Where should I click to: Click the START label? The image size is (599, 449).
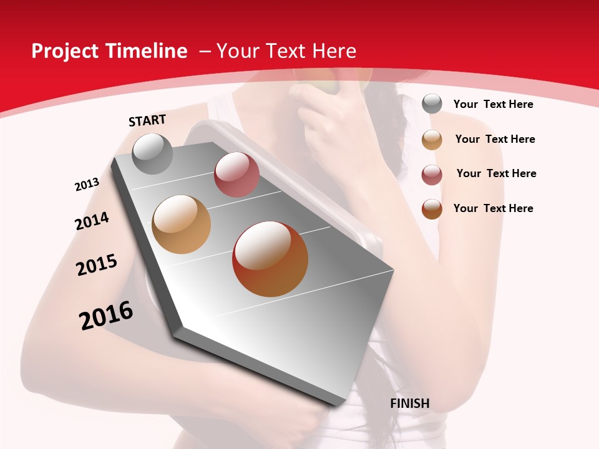(147, 120)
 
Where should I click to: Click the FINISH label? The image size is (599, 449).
(410, 403)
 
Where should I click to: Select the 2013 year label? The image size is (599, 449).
(87, 185)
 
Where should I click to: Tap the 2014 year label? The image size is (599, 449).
(92, 221)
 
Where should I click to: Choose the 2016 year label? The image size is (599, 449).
(106, 316)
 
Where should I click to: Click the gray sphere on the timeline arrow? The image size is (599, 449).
(152, 153)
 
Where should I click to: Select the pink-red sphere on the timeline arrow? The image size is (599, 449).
(236, 175)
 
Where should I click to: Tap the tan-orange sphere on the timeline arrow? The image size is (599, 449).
(181, 224)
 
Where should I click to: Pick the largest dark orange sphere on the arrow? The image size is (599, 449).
(270, 259)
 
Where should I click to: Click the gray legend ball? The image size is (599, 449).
(432, 104)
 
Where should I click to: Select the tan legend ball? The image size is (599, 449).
(432, 140)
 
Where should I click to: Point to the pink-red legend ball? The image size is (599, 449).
(432, 175)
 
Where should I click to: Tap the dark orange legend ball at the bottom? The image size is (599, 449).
(432, 209)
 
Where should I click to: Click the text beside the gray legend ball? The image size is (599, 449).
(493, 104)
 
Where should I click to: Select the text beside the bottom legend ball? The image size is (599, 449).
(493, 208)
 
